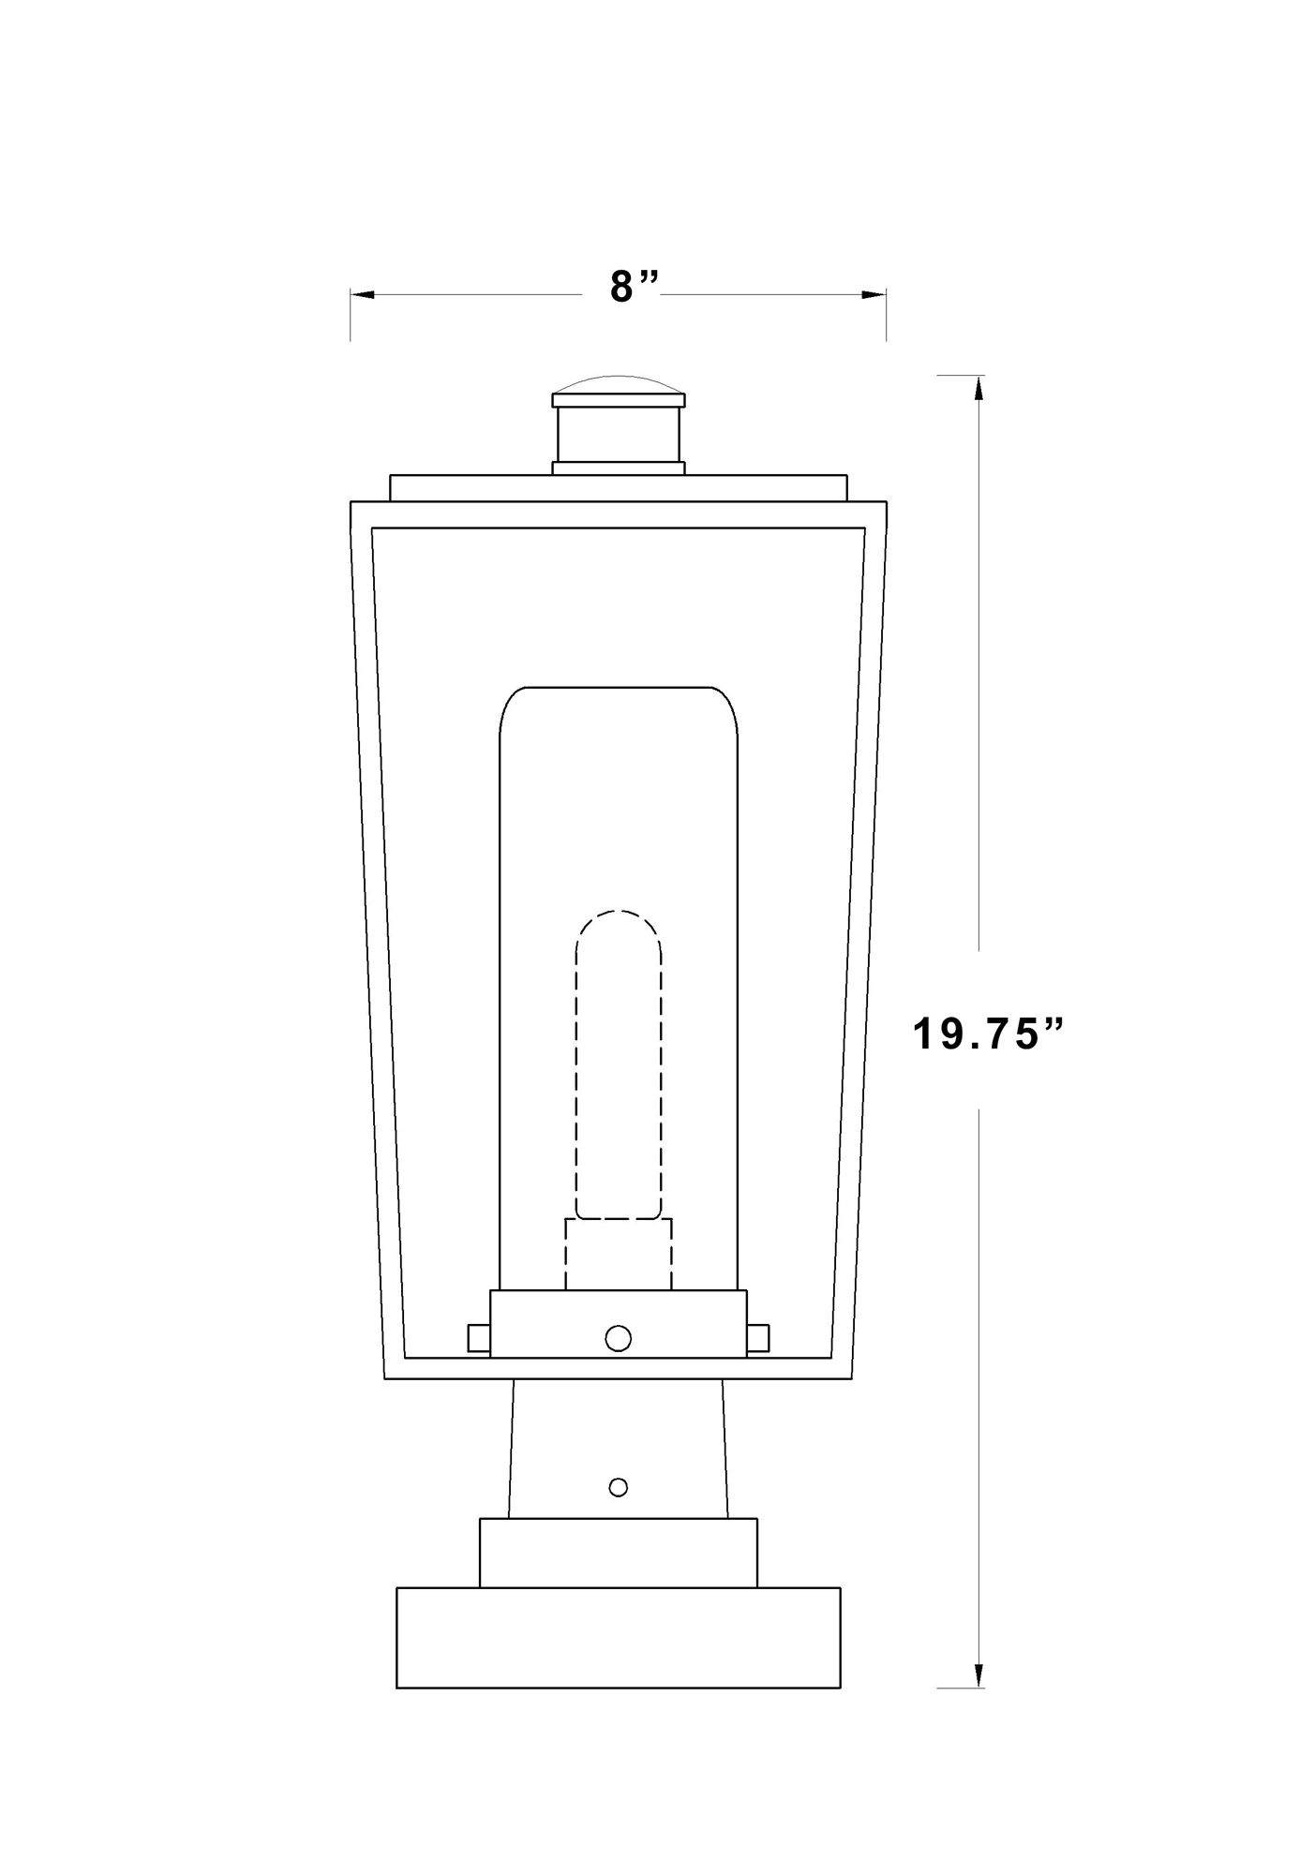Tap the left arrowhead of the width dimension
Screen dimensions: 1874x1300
(x=362, y=295)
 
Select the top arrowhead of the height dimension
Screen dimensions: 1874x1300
(x=979, y=387)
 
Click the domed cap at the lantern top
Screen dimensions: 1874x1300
(x=618, y=385)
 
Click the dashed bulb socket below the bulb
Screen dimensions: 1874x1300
(x=618, y=1254)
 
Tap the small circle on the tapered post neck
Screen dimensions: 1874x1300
(x=618, y=1486)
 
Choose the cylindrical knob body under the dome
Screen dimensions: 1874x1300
(x=618, y=435)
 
